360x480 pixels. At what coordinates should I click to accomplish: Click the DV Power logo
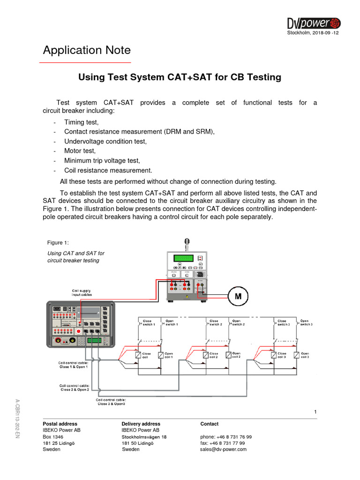314,22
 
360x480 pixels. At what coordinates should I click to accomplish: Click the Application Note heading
87,50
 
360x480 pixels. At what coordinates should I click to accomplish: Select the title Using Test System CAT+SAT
180,77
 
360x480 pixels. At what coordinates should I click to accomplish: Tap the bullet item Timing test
81,122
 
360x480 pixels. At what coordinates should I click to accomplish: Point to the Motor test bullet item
80,150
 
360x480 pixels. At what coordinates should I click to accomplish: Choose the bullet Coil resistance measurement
108,170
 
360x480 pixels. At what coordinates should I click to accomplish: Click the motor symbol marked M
238,296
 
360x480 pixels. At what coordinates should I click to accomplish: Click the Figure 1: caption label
58,242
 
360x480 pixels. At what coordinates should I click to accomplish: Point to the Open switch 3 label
306,322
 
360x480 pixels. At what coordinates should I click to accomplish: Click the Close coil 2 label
214,355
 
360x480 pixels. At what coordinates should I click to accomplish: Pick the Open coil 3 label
305,355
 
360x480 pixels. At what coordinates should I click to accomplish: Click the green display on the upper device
183,258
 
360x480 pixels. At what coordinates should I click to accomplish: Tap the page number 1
316,412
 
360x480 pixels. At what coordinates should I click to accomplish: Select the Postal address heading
60,424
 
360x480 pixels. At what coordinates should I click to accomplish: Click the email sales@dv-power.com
223,449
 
